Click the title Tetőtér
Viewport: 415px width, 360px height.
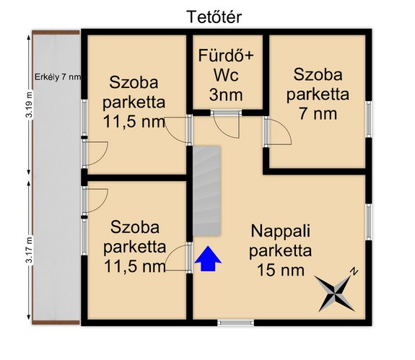coord(214,17)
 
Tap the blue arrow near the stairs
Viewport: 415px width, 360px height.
coord(208,259)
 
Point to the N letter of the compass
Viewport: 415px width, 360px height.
coord(354,272)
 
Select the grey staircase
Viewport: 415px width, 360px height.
coord(206,190)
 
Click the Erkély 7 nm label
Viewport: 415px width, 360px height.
coord(58,77)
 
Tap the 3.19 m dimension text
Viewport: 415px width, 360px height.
coord(29,105)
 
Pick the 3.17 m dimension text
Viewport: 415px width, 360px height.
coord(29,250)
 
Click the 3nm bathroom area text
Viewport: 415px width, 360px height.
coord(226,95)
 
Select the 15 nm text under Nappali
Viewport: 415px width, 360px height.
coord(281,270)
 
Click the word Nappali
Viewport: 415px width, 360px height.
coord(281,231)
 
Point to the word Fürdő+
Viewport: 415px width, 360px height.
coord(226,56)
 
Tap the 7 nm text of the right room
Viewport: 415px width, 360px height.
coord(318,114)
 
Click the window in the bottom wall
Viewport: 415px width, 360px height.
coord(235,322)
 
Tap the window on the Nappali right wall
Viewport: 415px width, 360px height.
coord(368,222)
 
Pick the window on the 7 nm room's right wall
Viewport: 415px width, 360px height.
coord(368,119)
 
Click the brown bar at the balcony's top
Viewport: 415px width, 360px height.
coord(56,32)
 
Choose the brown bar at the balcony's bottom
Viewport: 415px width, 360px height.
coord(56,322)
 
